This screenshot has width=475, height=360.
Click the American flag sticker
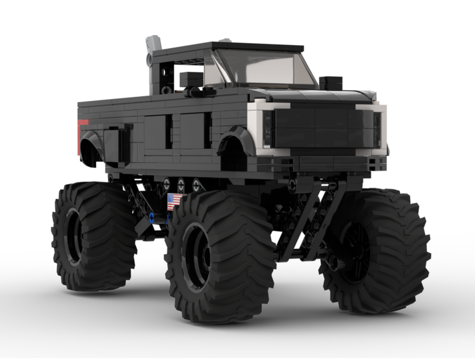174,201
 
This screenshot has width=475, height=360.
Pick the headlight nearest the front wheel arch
268,129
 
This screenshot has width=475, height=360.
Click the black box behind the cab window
191,79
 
